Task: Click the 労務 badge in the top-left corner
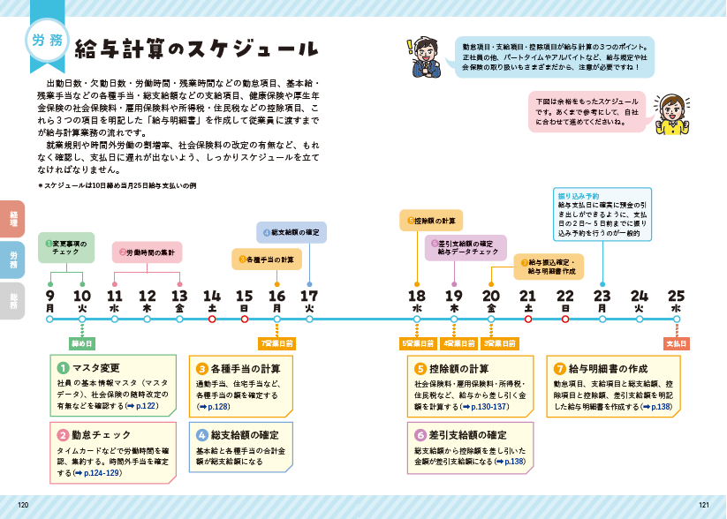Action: (x=46, y=41)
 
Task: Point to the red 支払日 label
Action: (x=676, y=342)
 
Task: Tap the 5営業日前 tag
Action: (x=417, y=342)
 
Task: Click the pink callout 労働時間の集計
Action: (x=148, y=252)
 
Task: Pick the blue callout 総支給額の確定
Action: (x=292, y=232)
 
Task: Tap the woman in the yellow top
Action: (x=673, y=113)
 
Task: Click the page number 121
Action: (x=703, y=505)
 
